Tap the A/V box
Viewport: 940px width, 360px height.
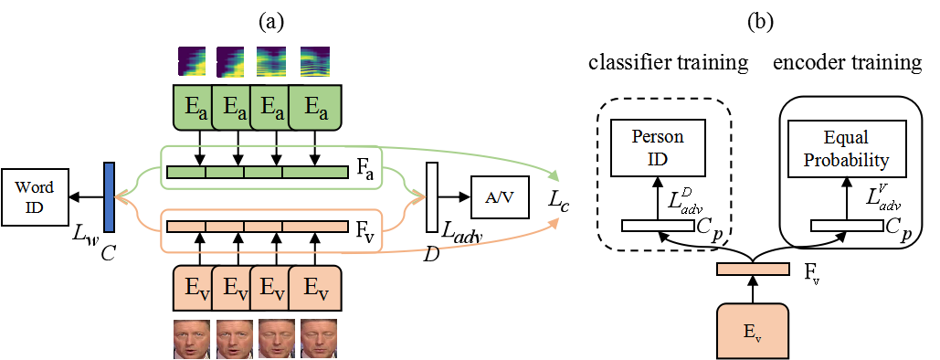tap(500, 197)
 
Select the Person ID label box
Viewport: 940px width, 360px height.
tap(658, 149)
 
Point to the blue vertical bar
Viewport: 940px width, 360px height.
tap(109, 197)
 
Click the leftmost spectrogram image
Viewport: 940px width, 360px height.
tap(192, 61)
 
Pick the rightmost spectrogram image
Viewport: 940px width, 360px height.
tap(315, 61)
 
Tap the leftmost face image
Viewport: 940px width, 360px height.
tap(192, 338)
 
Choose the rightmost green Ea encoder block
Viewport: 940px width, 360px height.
tap(316, 108)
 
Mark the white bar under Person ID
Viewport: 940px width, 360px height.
tap(658, 226)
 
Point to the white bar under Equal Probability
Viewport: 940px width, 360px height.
tap(847, 226)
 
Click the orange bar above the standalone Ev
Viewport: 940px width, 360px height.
tap(753, 270)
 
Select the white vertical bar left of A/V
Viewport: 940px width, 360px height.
tap(431, 197)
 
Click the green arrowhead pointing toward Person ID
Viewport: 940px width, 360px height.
tap(554, 175)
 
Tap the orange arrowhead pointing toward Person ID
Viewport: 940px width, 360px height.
tap(554, 220)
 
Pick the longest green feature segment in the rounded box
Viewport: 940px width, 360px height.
tap(315, 172)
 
